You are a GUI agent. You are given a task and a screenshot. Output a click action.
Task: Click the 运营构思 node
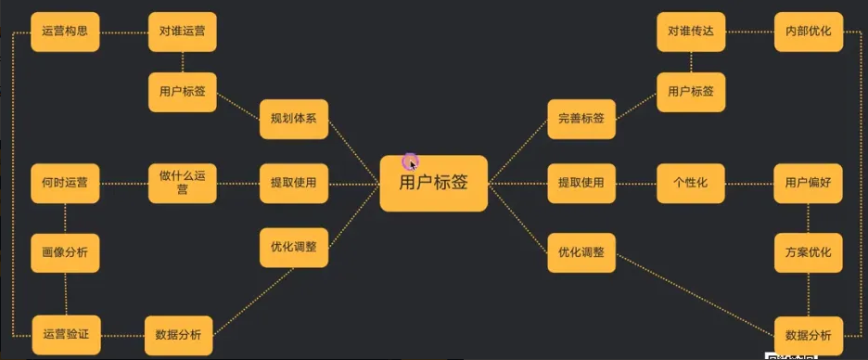65,32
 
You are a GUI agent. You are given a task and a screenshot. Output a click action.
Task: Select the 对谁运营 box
183,32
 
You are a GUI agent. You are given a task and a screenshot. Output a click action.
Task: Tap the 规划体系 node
294,119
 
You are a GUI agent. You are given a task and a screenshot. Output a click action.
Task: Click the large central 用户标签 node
433,183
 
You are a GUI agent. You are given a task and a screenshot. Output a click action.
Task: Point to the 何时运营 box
65,183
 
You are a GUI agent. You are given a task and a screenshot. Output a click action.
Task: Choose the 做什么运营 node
183,183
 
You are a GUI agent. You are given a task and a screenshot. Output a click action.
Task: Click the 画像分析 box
65,252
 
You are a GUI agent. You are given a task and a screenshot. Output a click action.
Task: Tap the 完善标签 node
581,119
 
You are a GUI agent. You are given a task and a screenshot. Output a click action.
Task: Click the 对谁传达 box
691,32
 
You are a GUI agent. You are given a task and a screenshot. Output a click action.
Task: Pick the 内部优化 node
809,32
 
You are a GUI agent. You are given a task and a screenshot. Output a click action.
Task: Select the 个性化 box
691,183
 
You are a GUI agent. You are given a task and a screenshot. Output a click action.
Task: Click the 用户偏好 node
809,183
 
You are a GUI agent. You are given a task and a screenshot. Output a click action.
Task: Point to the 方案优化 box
809,252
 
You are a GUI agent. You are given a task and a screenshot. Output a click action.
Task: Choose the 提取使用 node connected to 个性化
581,183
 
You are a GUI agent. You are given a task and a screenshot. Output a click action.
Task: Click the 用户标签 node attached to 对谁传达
691,92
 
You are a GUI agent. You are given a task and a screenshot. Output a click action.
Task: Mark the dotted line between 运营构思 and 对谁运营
123,32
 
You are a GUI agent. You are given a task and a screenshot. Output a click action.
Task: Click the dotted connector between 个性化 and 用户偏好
749,184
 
